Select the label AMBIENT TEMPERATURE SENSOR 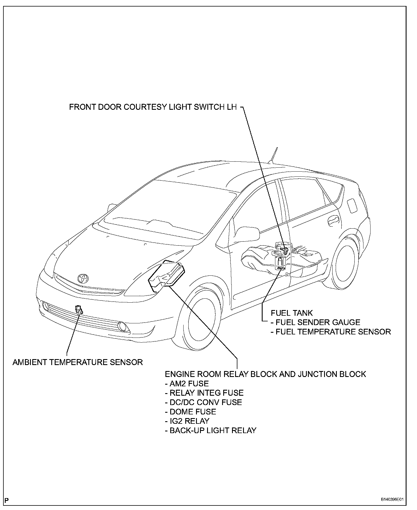tap(78, 362)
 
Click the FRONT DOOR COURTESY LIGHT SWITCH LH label tap(153, 107)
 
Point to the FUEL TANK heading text tap(292, 313)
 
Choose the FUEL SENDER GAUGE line tap(315, 322)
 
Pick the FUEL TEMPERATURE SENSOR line tap(331, 332)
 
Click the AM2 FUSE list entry tap(187, 384)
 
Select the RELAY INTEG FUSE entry tap(204, 393)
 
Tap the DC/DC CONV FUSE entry tap(203, 402)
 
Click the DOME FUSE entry tap(190, 412)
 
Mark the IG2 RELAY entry tap(187, 421)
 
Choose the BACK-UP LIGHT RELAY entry tap(210, 431)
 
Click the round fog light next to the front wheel tap(123, 326)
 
